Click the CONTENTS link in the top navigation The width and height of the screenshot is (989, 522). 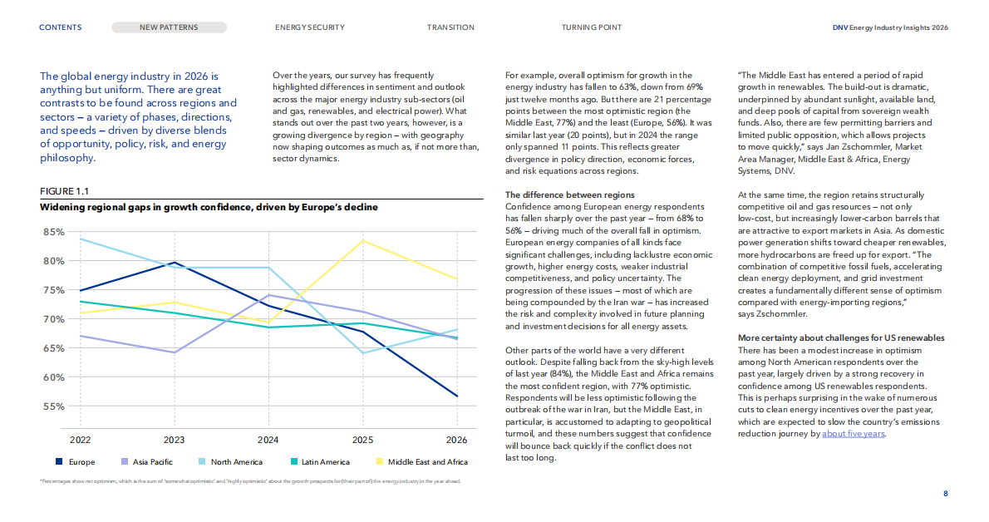[x=61, y=27]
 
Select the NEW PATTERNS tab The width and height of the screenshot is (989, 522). [x=169, y=27]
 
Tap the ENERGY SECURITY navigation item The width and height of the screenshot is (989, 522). [x=310, y=27]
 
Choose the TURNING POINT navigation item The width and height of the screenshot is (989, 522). [x=592, y=27]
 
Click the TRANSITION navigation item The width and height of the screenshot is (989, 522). [x=450, y=27]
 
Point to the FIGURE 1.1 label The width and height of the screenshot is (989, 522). [x=64, y=191]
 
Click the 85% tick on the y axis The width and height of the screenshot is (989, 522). [x=54, y=232]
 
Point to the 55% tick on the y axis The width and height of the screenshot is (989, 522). [x=54, y=407]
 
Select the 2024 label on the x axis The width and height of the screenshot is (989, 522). [x=268, y=440]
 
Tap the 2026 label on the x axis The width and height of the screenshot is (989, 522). [x=456, y=440]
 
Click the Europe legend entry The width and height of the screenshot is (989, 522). [x=75, y=462]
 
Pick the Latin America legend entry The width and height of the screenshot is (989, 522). [x=320, y=462]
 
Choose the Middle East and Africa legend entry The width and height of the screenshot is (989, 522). [x=422, y=462]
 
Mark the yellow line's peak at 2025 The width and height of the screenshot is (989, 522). [x=362, y=240]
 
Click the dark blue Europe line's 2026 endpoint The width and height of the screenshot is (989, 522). [x=457, y=396]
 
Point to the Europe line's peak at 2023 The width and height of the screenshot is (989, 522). [x=174, y=263]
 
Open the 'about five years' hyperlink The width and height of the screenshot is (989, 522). [x=854, y=434]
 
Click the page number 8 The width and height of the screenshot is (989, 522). [x=946, y=494]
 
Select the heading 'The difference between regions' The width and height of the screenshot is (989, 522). [x=569, y=195]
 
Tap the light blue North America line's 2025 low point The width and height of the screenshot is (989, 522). [x=362, y=352]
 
